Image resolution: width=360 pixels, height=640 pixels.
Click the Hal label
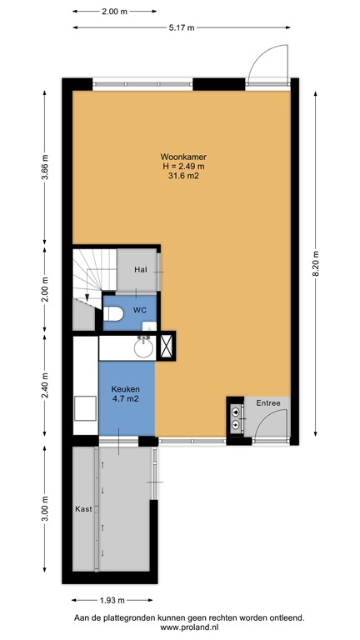(140, 269)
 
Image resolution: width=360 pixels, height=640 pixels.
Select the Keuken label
(126, 389)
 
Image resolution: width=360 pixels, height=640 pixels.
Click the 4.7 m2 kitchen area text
(126, 399)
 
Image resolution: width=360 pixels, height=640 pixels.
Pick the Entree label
(268, 403)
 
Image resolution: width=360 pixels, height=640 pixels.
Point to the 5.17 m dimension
(182, 27)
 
